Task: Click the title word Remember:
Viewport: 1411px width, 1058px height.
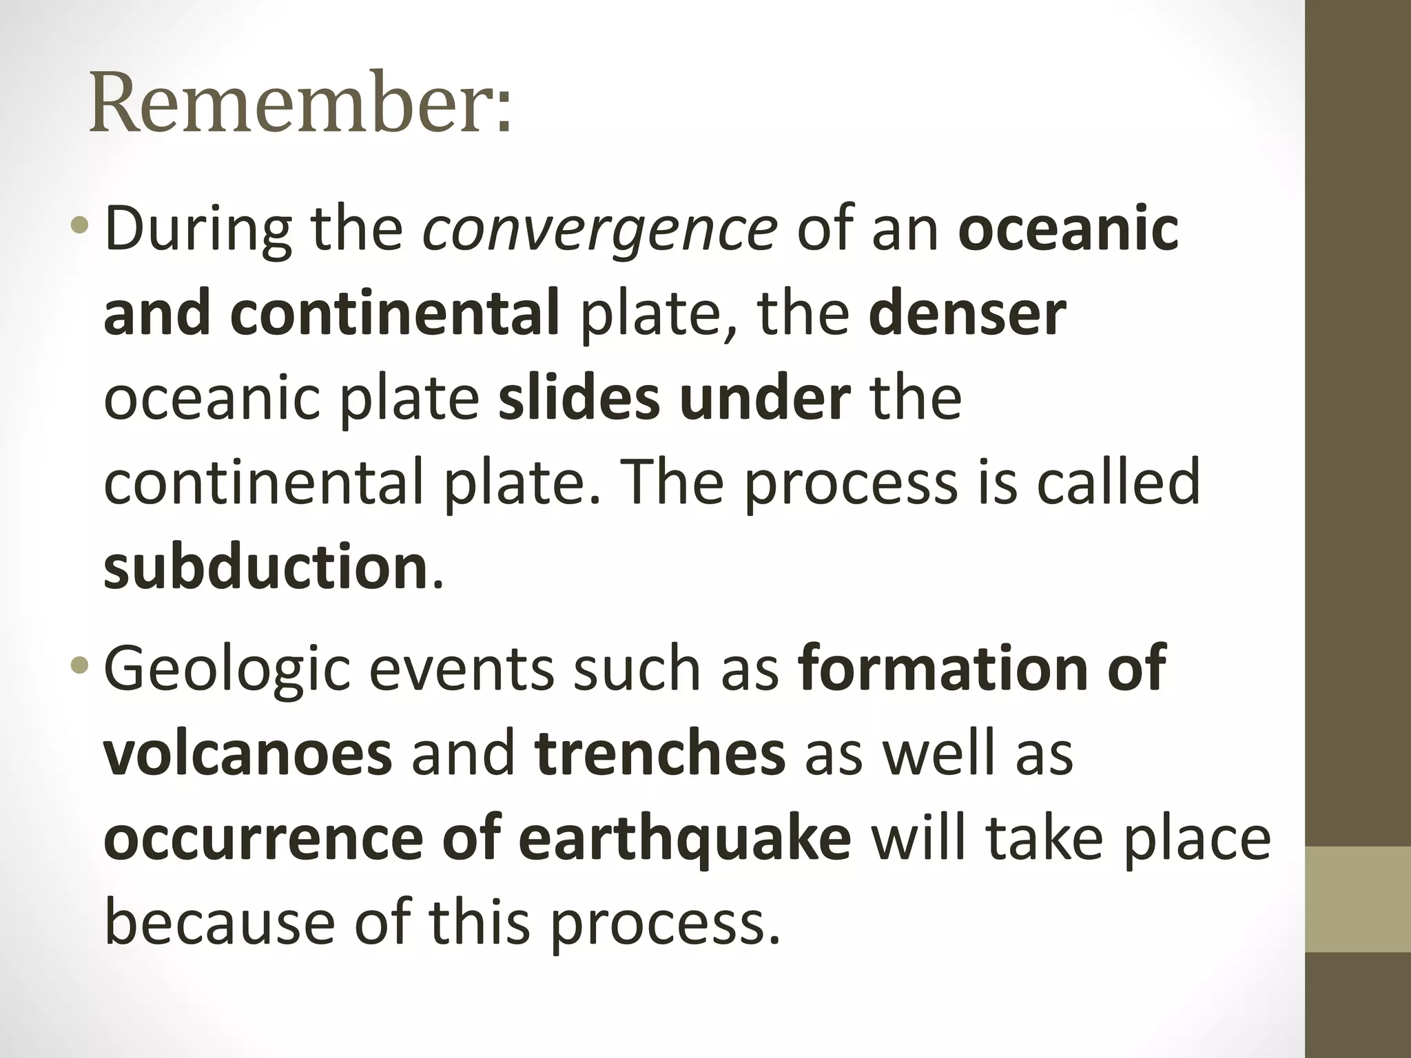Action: [301, 103]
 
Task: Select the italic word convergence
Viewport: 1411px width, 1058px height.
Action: [600, 230]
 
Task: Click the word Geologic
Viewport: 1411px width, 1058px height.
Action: [227, 670]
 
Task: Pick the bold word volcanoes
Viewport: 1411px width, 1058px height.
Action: [248, 754]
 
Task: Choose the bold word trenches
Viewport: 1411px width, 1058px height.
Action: [659, 754]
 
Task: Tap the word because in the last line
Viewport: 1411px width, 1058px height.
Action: [220, 923]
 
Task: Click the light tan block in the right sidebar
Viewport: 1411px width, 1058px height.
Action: [1358, 899]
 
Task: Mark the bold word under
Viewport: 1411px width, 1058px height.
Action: [765, 399]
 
